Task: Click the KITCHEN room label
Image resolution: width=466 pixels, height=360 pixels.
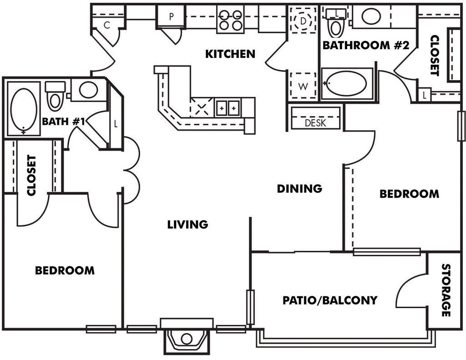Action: pyautogui.click(x=230, y=54)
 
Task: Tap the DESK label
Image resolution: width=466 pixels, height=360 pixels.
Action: pyautogui.click(x=315, y=123)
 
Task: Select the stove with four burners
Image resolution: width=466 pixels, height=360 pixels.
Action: pyautogui.click(x=230, y=20)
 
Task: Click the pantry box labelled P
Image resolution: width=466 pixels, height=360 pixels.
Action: pyautogui.click(x=171, y=17)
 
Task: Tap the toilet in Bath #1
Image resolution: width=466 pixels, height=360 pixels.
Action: pyautogui.click(x=55, y=96)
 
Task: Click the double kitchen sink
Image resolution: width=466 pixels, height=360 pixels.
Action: pyautogui.click(x=227, y=108)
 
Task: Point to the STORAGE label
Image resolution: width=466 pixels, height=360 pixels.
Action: pyautogui.click(x=446, y=290)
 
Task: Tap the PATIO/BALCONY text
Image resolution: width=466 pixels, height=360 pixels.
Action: pyautogui.click(x=330, y=300)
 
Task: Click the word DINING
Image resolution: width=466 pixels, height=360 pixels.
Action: pyautogui.click(x=299, y=188)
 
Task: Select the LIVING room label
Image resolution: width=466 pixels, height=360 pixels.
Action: pyautogui.click(x=187, y=224)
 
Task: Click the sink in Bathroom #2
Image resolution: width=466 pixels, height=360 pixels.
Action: pyautogui.click(x=371, y=17)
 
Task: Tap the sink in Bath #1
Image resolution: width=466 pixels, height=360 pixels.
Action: pyautogui.click(x=88, y=90)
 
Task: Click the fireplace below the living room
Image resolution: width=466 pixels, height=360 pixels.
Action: pyautogui.click(x=187, y=339)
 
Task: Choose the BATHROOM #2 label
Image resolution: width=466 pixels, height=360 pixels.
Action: pyautogui.click(x=356, y=46)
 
